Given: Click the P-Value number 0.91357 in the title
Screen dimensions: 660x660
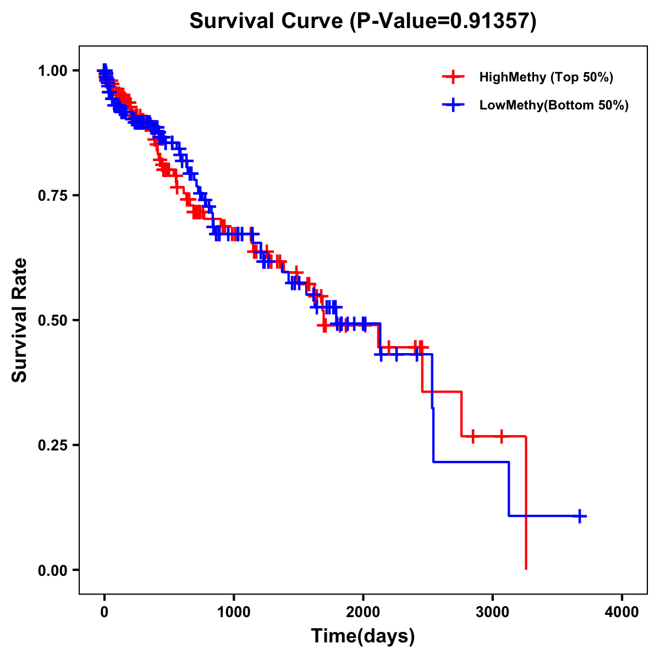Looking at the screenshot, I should (491, 21).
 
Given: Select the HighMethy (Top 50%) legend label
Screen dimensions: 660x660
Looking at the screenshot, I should (546, 77).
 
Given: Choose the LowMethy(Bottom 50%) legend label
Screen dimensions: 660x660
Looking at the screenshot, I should (554, 105).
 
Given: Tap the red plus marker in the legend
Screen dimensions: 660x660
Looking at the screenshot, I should (453, 77).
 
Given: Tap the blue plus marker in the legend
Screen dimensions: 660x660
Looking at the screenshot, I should (453, 105).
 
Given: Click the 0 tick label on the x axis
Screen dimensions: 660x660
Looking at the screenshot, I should (105, 612).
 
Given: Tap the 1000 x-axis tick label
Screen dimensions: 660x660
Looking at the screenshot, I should (234, 612).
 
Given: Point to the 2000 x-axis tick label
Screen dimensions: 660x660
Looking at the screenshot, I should (363, 612).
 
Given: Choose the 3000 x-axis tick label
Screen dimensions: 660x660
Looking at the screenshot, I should (493, 612).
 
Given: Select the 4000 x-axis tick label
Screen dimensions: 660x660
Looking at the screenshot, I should (622, 612).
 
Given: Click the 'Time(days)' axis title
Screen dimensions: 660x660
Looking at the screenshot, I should (363, 636).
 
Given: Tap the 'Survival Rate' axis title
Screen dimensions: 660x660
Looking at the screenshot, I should (20, 320).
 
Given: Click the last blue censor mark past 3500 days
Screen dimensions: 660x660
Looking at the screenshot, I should (580, 516).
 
